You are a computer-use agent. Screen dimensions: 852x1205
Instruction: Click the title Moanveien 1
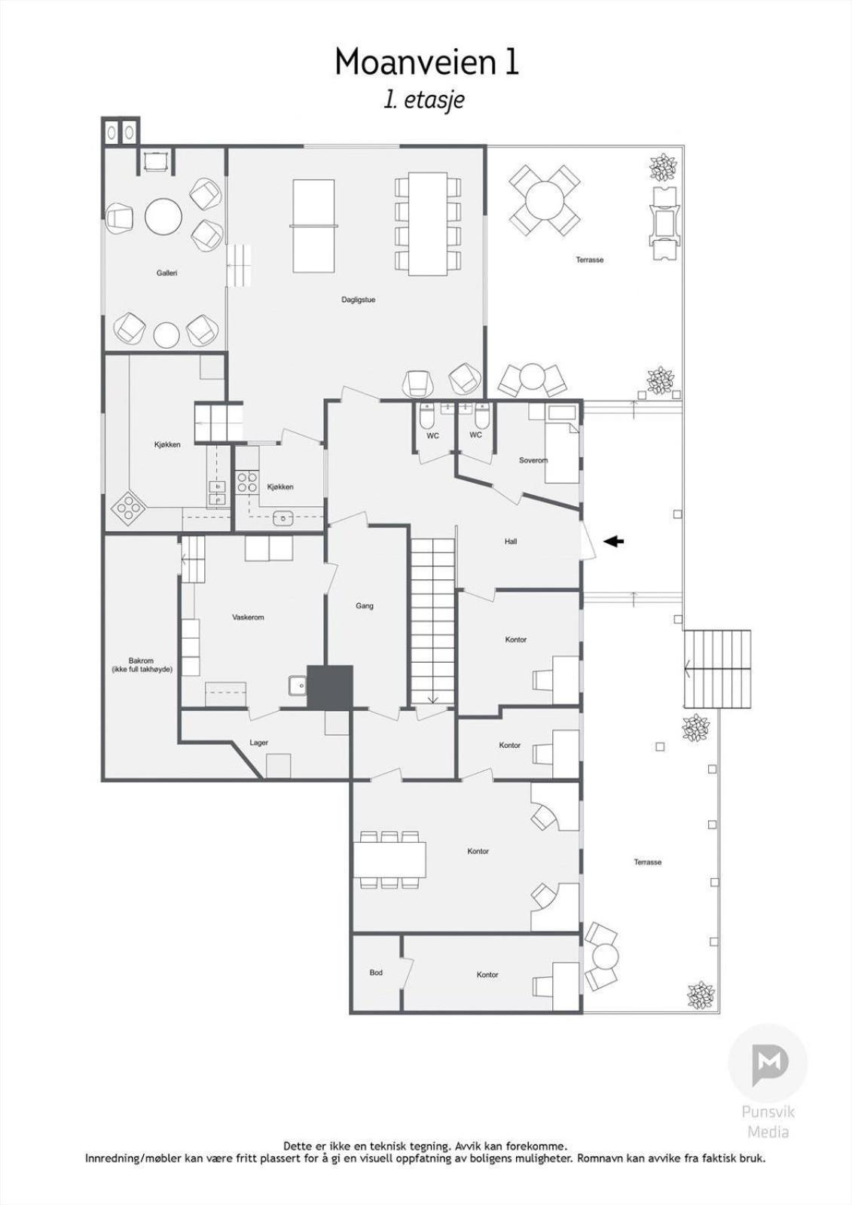(426, 61)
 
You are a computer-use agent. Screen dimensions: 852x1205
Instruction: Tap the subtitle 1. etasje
(423, 101)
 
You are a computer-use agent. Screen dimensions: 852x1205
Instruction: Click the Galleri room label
(166, 273)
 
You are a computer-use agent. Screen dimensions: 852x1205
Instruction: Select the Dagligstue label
(358, 300)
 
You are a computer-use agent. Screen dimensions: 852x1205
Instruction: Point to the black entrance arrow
(613, 541)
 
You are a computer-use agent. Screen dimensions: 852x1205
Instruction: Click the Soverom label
(533, 460)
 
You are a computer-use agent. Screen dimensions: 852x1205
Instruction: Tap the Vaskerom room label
(248, 617)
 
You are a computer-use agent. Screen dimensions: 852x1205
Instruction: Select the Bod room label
(376, 972)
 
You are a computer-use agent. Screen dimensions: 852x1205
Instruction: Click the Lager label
(258, 743)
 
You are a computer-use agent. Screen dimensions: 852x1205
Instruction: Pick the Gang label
(365, 606)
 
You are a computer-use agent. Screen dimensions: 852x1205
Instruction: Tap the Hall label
(511, 541)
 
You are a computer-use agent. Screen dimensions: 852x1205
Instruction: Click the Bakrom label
(141, 660)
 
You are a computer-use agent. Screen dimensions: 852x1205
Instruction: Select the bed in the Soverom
(563, 445)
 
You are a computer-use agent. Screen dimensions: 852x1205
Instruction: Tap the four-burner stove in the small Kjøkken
(246, 481)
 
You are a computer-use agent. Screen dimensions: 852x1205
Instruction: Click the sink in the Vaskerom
(298, 685)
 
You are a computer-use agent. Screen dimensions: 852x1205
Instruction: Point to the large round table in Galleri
(163, 217)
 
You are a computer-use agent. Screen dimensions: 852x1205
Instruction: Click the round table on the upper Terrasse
(545, 200)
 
